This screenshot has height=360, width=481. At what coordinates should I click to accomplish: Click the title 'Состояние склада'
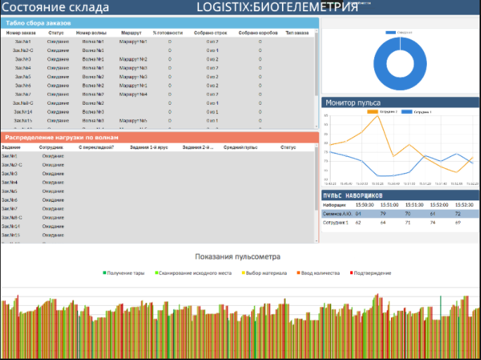click(x=56, y=8)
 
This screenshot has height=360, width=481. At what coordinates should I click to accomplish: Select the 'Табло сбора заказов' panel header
click(x=38, y=23)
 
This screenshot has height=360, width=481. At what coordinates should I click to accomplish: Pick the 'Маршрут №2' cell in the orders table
click(x=133, y=59)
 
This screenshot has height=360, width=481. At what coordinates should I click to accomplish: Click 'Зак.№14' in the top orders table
click(x=23, y=112)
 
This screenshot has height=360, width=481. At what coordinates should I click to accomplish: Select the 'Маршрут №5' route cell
click(x=133, y=121)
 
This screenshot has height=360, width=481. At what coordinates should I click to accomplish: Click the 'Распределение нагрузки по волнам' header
click(x=61, y=137)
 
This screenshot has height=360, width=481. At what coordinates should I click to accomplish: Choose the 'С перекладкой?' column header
click(x=96, y=148)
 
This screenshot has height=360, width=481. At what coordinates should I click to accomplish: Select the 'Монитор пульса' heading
click(x=353, y=103)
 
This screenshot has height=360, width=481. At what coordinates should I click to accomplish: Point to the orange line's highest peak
click(x=378, y=116)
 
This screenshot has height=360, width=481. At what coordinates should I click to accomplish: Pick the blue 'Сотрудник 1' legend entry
click(x=418, y=112)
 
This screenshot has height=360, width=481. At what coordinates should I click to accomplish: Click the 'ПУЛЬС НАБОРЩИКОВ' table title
click(x=352, y=194)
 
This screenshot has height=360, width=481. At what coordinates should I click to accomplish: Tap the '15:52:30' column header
click(x=468, y=204)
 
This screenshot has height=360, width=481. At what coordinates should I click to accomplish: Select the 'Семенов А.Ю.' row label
click(x=338, y=213)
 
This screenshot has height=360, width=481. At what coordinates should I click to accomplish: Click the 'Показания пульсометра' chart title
click(x=238, y=257)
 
